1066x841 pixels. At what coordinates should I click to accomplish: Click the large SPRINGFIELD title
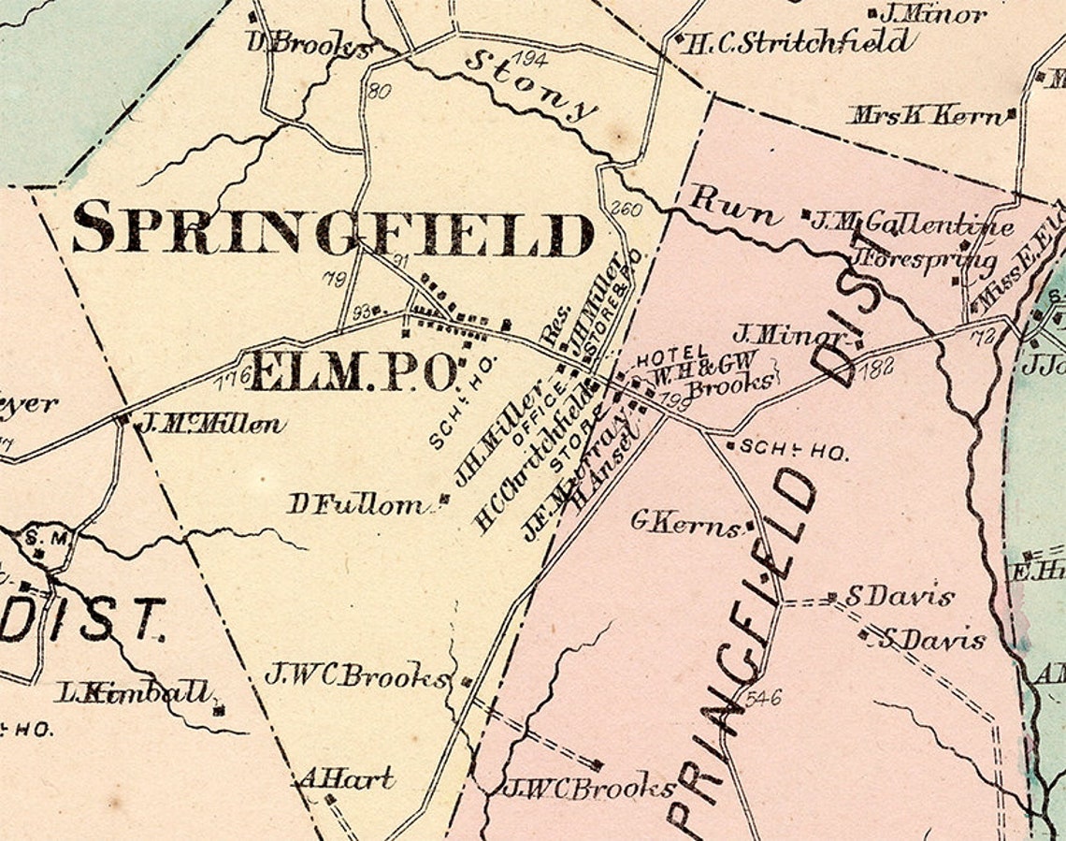pyautogui.click(x=332, y=230)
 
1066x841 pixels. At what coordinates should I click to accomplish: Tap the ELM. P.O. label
pyautogui.click(x=353, y=372)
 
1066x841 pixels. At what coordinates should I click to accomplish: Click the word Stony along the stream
pyautogui.click(x=529, y=84)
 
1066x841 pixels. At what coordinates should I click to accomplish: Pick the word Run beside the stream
pyautogui.click(x=733, y=206)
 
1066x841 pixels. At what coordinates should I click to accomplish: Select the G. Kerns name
pyautogui.click(x=685, y=523)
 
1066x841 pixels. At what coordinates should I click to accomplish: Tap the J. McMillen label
pyautogui.click(x=211, y=425)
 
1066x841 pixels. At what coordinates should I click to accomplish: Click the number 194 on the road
pyautogui.click(x=531, y=60)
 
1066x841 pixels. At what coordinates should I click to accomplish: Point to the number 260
pyautogui.click(x=626, y=209)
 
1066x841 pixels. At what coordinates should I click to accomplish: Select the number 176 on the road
pyautogui.click(x=234, y=377)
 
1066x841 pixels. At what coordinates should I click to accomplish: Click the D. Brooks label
pyautogui.click(x=308, y=44)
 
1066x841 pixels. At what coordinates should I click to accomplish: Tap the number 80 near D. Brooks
pyautogui.click(x=379, y=91)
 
